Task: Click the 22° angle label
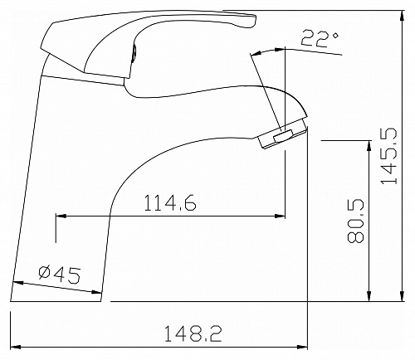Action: pyautogui.click(x=320, y=40)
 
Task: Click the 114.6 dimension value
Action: pyautogui.click(x=170, y=202)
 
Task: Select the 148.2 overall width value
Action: pyautogui.click(x=193, y=333)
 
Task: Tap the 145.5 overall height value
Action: pyautogui.click(x=388, y=156)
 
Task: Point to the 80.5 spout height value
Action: pyautogui.click(x=355, y=221)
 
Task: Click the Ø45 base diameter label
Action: pyautogui.click(x=60, y=275)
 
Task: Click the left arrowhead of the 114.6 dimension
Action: pyautogui.click(x=61, y=216)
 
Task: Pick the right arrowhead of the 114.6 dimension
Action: pyautogui.click(x=280, y=216)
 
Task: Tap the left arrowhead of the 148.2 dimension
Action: pyautogui.click(x=16, y=347)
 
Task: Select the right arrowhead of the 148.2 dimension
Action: pyautogui.click(x=302, y=347)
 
